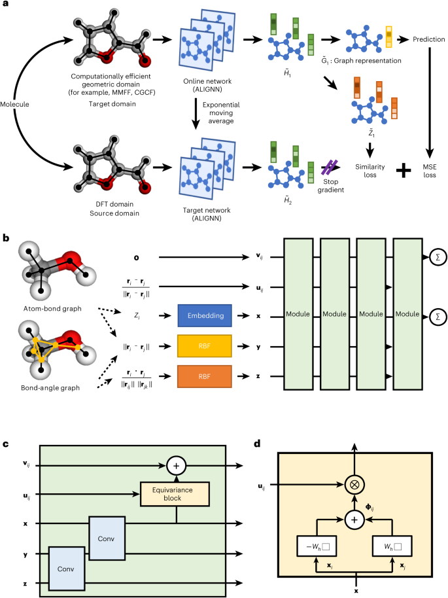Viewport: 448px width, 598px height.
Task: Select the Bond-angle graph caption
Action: [x=52, y=387]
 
